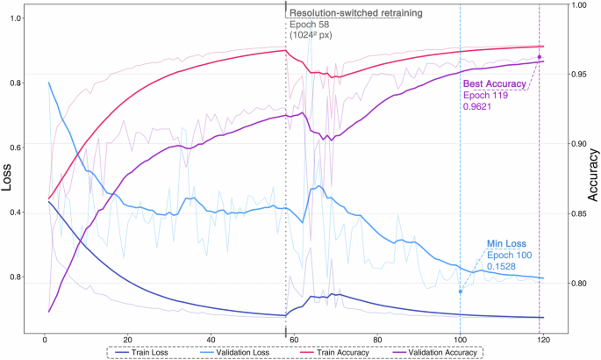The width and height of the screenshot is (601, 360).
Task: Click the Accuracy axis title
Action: [593, 182]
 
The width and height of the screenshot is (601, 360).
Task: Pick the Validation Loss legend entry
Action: [233, 352]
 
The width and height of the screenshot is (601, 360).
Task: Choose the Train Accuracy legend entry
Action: [329, 352]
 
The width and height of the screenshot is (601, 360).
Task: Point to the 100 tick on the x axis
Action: [460, 340]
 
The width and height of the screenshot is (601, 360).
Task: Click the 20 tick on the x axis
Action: [128, 340]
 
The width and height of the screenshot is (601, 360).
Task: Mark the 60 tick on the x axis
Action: [294, 340]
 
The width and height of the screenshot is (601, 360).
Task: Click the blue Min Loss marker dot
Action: [460, 292]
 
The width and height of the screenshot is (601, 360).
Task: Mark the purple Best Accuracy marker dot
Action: [539, 57]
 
